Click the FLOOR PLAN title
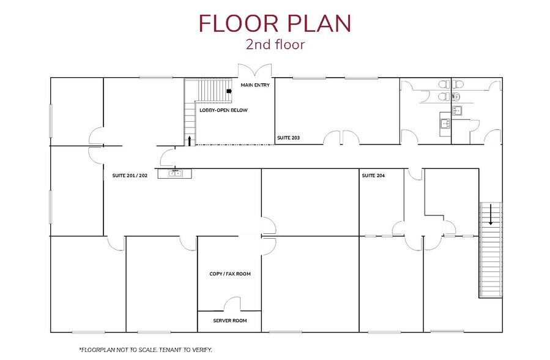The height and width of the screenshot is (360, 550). (275, 23)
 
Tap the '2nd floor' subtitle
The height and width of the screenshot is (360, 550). (275, 44)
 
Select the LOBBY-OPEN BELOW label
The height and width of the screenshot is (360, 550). (223, 110)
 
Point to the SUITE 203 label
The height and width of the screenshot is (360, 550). (288, 138)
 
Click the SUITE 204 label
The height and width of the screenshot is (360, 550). (374, 176)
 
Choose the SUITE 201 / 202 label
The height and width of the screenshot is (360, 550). (130, 176)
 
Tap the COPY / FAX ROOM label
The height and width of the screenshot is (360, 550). (230, 274)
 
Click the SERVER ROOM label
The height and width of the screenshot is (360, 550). (229, 320)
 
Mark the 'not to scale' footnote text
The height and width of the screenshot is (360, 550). (145, 349)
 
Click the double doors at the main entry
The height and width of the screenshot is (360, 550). (254, 70)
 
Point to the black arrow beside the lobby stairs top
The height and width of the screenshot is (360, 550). (229, 92)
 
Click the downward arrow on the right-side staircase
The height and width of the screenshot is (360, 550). (491, 216)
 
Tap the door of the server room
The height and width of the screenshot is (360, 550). (232, 304)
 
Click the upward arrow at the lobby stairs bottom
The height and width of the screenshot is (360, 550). (190, 141)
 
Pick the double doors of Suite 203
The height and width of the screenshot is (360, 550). (341, 138)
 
